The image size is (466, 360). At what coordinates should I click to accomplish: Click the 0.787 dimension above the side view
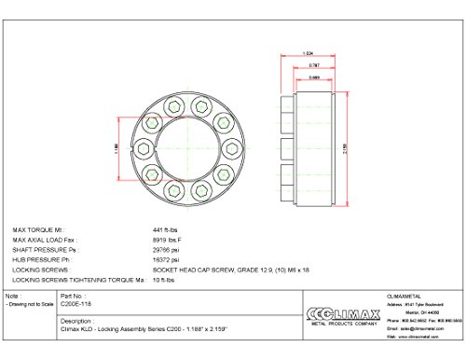[x=313, y=66]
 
